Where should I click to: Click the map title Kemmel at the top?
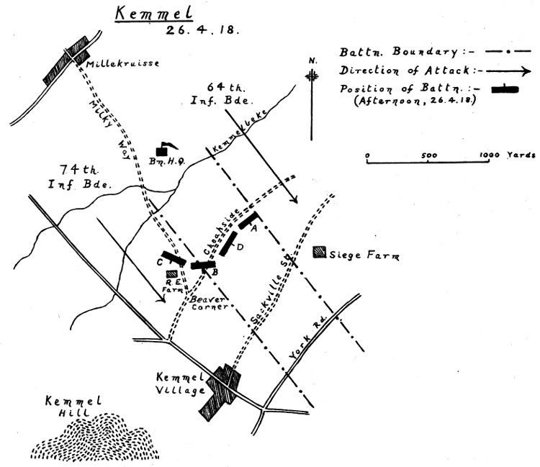click(154, 14)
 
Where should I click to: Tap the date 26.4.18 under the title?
click(202, 30)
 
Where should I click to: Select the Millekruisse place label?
click(123, 63)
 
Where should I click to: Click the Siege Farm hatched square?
click(320, 253)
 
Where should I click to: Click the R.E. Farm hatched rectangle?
click(172, 273)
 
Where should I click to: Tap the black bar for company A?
click(248, 220)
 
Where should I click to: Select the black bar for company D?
click(228, 244)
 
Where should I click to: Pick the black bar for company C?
click(174, 258)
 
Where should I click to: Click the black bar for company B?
click(203, 265)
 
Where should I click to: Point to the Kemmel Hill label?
click(73, 407)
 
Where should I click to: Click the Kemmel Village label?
click(181, 384)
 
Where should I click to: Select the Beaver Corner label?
click(210, 303)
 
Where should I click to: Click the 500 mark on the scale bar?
click(429, 155)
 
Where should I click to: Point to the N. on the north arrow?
click(312, 61)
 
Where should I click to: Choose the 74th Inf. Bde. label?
click(79, 177)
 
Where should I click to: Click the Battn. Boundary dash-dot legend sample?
click(508, 52)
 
